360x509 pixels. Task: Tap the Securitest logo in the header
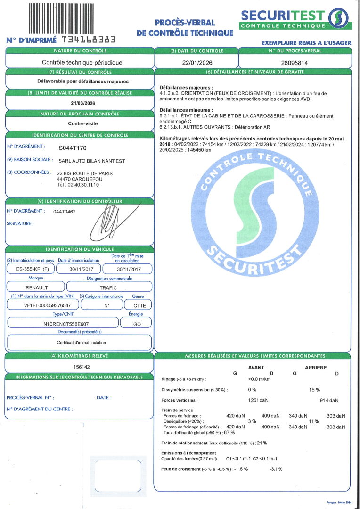(x=296, y=19)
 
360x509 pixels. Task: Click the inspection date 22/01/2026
(x=196, y=62)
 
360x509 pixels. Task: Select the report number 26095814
(x=295, y=62)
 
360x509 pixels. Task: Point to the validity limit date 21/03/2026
(x=79, y=103)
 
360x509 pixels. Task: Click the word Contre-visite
(x=79, y=124)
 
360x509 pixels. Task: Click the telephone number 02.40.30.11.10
(x=82, y=185)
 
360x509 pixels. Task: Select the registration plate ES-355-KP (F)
(x=29, y=269)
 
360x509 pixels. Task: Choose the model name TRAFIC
(x=108, y=287)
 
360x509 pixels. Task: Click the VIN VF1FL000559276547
(x=44, y=305)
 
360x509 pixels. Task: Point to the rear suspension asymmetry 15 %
(x=314, y=390)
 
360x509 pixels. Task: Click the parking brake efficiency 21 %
(x=262, y=443)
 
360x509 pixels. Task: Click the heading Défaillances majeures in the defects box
(x=186, y=88)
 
